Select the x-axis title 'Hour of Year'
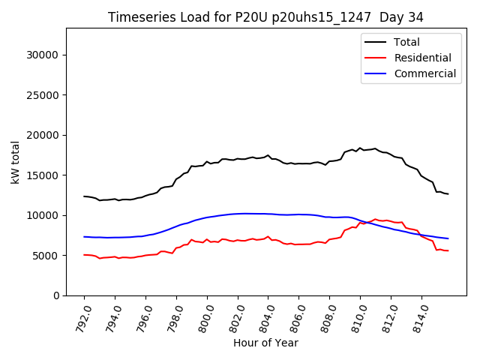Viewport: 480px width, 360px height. [265, 343]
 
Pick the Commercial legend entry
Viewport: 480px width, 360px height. [424, 73]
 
